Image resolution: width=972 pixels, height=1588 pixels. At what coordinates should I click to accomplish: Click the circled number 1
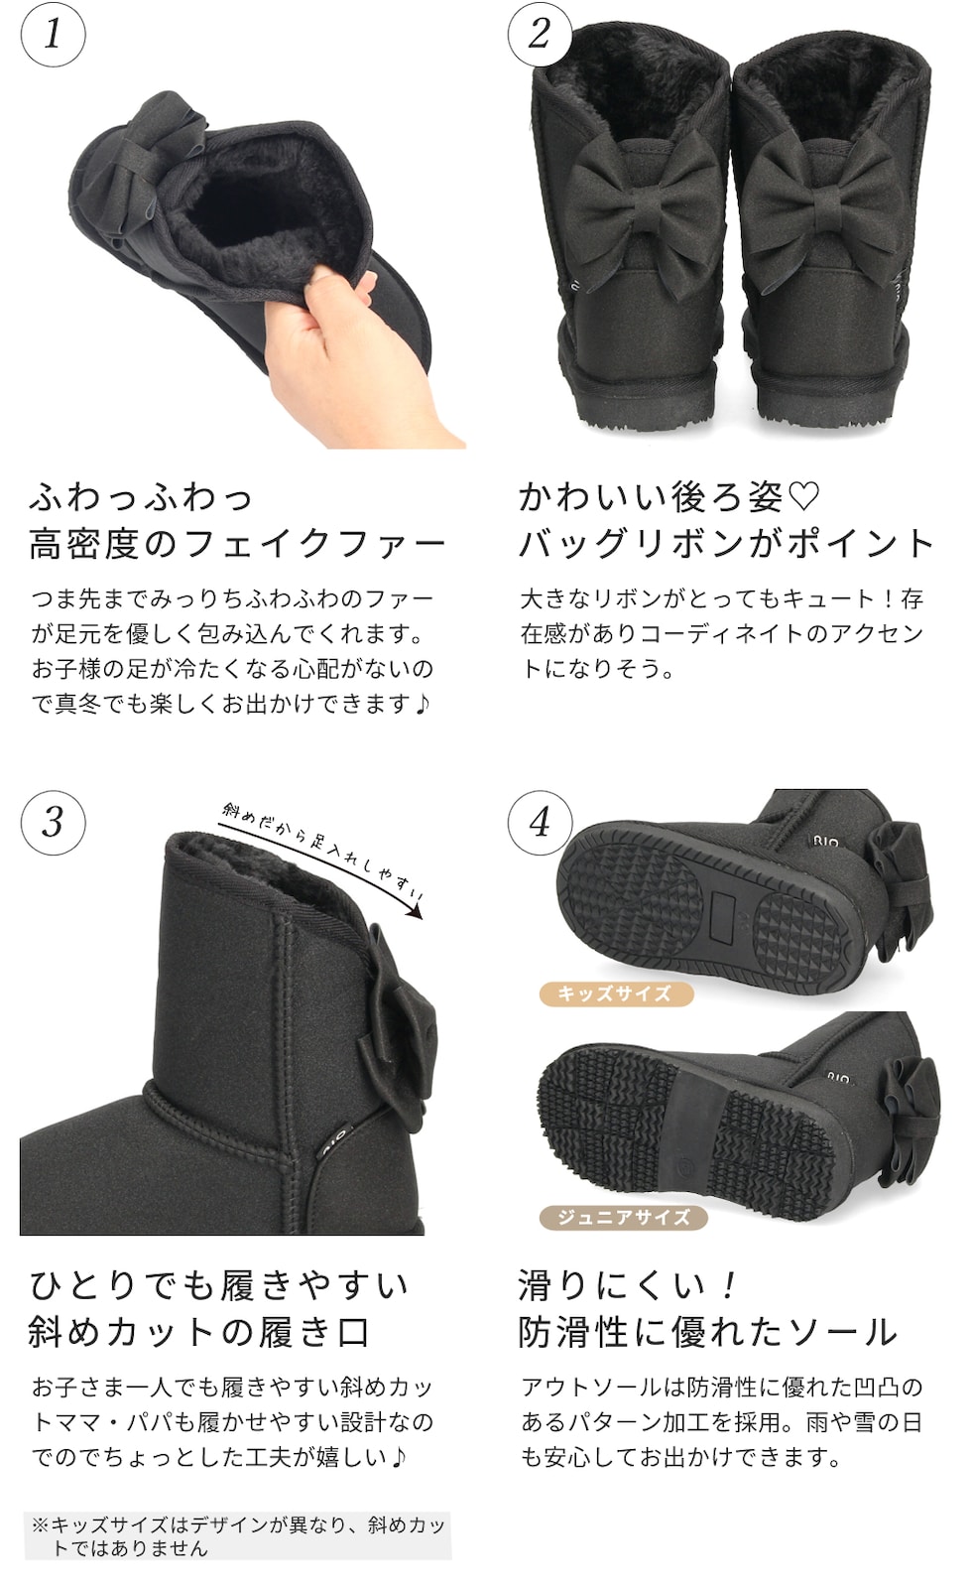tap(54, 34)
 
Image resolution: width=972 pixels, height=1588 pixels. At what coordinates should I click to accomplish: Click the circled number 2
tap(540, 34)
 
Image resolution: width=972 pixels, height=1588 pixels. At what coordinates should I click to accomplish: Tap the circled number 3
tap(54, 823)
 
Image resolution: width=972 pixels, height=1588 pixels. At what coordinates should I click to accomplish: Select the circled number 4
tap(540, 823)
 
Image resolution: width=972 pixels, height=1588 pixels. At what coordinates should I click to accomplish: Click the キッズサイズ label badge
tap(616, 993)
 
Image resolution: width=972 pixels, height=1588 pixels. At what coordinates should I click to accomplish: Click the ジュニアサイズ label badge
tap(624, 1217)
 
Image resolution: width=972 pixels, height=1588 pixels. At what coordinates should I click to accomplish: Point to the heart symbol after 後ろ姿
tap(803, 496)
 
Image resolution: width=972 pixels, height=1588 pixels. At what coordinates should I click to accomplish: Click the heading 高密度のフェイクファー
tap(237, 545)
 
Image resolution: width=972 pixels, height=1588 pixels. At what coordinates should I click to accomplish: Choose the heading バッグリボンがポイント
tap(726, 545)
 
